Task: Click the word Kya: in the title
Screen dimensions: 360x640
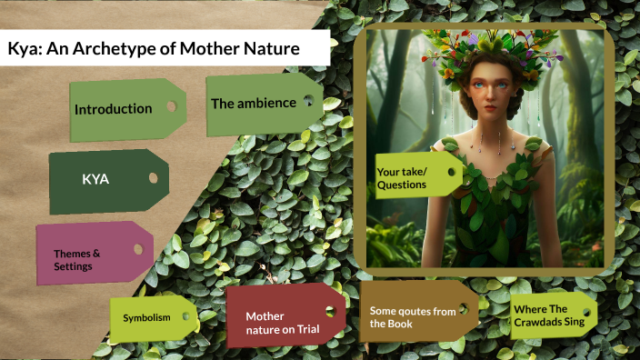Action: coord(25,48)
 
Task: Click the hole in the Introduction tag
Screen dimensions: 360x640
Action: coord(171,105)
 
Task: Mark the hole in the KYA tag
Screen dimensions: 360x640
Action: coord(153,177)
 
